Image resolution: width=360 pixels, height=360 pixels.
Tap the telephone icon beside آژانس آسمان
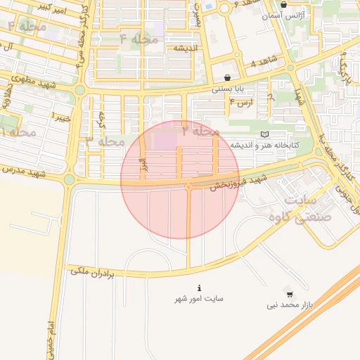click(x=283, y=4)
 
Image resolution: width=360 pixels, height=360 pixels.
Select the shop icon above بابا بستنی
click(x=227, y=77)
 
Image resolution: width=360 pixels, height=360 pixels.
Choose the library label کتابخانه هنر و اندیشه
click(x=266, y=144)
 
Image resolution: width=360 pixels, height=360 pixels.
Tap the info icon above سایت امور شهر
click(x=200, y=288)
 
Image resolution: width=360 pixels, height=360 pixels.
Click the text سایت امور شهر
click(x=200, y=299)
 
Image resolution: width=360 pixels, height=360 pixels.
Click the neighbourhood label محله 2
click(x=201, y=131)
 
